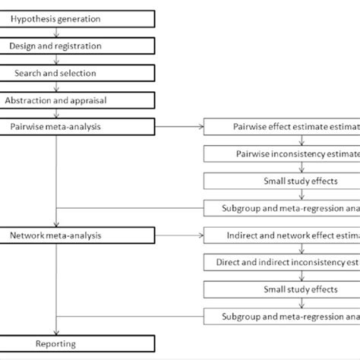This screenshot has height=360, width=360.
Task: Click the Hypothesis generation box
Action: (56, 18)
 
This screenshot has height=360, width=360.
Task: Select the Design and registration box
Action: (56, 46)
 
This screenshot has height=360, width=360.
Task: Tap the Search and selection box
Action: (56, 73)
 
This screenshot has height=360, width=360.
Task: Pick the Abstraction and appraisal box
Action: (56, 100)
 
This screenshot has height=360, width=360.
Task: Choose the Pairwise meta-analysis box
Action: (56, 127)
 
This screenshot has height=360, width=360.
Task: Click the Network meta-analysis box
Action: (56, 235)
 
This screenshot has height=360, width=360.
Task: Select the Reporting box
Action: (56, 344)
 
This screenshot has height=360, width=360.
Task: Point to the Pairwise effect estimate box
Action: (281, 127)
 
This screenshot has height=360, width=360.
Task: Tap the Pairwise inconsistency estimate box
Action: (281, 154)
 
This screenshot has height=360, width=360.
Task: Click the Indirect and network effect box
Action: (281, 235)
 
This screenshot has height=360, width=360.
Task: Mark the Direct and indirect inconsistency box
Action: (281, 263)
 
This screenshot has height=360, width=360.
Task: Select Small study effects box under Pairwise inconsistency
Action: (281, 182)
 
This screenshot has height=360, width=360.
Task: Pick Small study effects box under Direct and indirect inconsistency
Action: (281, 289)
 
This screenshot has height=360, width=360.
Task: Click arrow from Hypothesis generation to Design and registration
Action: (56, 32)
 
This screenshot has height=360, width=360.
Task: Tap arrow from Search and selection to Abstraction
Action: (56, 87)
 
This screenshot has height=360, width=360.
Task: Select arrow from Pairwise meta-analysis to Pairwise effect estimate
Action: (156, 127)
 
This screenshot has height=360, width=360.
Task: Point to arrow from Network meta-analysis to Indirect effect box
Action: (156, 235)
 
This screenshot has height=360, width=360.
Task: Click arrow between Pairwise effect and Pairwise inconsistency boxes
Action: (281, 141)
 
